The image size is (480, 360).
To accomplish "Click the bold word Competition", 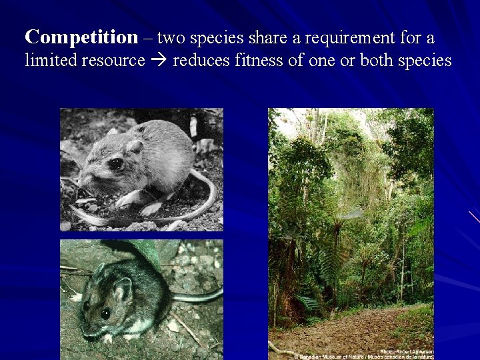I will (81, 37).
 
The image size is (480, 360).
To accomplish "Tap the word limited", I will (50, 61).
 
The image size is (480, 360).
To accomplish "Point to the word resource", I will (113, 61).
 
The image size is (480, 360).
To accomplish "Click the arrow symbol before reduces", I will (160, 61).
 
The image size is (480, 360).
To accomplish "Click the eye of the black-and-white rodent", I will (115, 163).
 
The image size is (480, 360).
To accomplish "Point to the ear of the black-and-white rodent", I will (135, 146).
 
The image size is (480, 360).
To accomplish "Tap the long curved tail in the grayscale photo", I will (200, 207).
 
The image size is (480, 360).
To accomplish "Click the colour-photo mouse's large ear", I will (122, 287).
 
